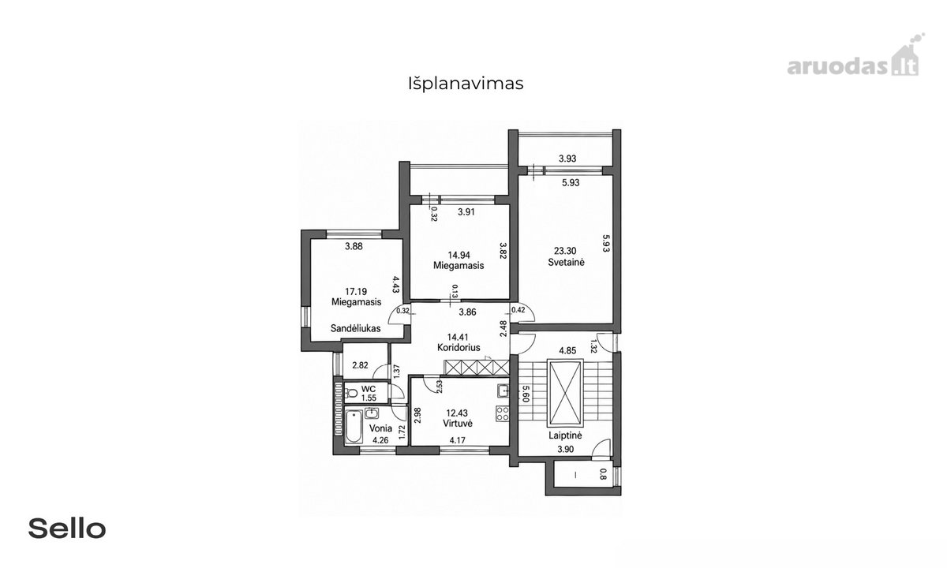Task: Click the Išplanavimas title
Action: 466,84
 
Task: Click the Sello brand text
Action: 67,529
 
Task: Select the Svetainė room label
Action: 566,262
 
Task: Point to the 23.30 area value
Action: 565,251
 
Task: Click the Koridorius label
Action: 459,347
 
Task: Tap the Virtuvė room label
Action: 458,423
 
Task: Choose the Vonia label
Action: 380,428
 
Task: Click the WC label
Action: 369,389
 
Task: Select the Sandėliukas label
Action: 356,328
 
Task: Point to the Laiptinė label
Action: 565,435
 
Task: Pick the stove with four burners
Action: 502,413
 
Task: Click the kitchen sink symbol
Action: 503,390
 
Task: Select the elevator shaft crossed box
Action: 565,394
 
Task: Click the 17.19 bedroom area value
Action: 356,291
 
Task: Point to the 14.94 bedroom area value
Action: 459,255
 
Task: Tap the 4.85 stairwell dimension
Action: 567,350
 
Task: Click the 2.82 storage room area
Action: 360,365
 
